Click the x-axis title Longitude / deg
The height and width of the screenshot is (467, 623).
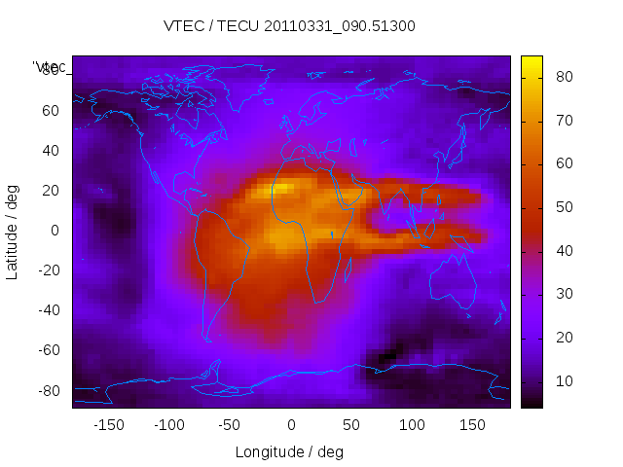point(289,451)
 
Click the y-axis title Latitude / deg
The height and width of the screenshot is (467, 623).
point(13,232)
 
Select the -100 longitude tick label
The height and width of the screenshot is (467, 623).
point(168,425)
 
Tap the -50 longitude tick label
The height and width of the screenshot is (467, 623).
point(230,425)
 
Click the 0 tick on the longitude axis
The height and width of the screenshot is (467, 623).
point(291,425)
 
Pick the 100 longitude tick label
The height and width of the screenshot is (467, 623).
point(412,425)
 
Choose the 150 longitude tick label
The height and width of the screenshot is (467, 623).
point(472,425)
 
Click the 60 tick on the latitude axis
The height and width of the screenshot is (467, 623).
point(50,110)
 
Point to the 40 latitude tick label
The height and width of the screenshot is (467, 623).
point(50,150)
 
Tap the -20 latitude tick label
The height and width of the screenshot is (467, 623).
point(47,270)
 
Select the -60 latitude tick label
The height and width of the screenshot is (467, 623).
point(47,350)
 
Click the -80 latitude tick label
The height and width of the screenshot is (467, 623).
point(47,390)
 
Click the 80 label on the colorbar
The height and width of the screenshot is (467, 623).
point(563,76)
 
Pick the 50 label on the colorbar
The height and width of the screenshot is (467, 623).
point(563,207)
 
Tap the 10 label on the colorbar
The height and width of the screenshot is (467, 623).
point(563,380)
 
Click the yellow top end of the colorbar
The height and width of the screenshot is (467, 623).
point(531,62)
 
